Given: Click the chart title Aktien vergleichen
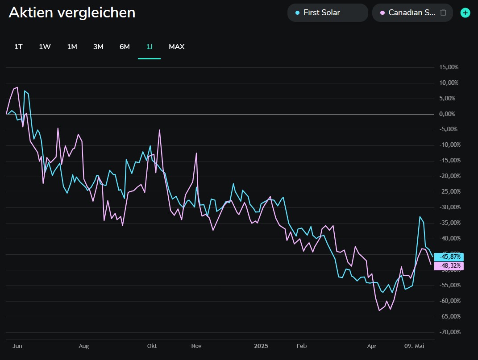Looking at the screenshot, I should coord(72,12).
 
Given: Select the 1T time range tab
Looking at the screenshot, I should coord(18,47).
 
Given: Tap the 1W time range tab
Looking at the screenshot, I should coord(45,47).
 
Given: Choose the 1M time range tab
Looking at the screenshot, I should coord(72,47).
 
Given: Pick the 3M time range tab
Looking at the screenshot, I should coord(98,47).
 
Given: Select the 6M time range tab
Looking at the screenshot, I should coord(125,47).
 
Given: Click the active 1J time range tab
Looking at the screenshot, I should coord(149,47).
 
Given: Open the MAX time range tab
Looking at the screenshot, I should coord(176,47).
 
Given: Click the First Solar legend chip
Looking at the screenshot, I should coord(327,12).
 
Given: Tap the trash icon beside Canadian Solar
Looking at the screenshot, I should coord(443,12).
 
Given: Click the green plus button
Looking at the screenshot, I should coord(466,12).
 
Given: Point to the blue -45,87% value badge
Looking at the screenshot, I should coord(451,257).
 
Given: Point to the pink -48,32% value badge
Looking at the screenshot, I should coord(451,266).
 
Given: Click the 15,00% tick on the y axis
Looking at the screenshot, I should coord(449,67).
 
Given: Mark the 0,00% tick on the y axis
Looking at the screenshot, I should coord(447,114).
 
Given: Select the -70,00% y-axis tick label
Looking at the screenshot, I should coord(449,332).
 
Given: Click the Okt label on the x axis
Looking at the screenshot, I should coord(152,346).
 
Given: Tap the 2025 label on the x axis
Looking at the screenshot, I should coord(261,346).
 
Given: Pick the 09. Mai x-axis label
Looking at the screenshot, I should coord(414,346).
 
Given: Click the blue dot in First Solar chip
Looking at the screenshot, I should coord(298,12).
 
